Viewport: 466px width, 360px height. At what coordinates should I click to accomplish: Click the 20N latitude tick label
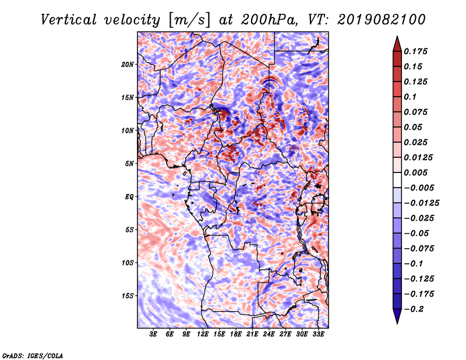tap(127, 65)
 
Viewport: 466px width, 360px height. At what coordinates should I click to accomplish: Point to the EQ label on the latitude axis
tap(129, 197)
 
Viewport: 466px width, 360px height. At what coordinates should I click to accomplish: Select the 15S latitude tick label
tap(127, 296)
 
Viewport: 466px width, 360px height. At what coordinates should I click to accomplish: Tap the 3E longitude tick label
tap(153, 334)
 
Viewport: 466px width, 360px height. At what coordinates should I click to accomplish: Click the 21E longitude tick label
tap(252, 334)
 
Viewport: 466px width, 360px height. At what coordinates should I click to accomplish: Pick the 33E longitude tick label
tap(318, 334)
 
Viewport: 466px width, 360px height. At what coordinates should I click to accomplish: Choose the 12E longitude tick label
tap(202, 334)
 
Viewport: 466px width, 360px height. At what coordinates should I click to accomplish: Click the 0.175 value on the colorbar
tap(415, 51)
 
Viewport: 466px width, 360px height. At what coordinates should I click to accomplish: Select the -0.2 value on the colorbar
tap(414, 309)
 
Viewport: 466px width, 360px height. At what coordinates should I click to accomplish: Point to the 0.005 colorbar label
tap(415, 172)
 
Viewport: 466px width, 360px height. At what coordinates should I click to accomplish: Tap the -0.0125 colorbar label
tap(421, 203)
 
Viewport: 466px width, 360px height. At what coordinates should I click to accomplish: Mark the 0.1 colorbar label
tap(410, 97)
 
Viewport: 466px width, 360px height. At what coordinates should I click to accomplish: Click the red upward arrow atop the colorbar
tap(397, 44)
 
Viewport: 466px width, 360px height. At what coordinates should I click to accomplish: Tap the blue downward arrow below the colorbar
tap(397, 316)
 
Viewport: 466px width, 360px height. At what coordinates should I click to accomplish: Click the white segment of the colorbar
tap(397, 180)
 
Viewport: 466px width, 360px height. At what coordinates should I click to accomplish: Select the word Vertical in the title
tap(69, 20)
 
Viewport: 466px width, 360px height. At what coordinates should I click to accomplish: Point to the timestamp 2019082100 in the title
tap(382, 20)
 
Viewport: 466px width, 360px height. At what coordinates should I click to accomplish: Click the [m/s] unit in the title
tap(189, 20)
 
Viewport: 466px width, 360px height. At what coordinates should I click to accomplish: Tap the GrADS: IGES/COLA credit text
tap(33, 355)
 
